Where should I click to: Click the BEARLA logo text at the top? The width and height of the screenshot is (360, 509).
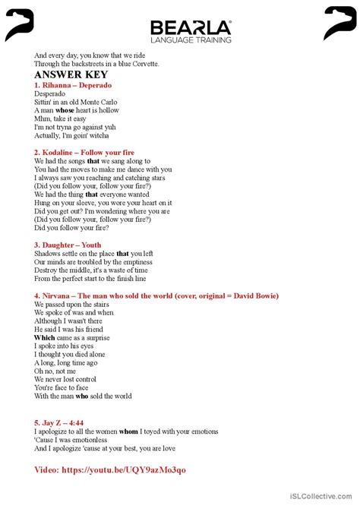click(191, 27)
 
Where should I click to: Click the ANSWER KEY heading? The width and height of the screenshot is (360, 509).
click(66, 75)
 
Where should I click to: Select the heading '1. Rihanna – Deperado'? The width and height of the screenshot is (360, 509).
click(73, 86)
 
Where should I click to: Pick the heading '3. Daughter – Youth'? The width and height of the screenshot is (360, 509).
click(68, 245)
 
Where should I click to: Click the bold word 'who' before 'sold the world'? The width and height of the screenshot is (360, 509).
click(82, 396)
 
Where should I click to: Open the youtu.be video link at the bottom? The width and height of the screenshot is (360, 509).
click(110, 469)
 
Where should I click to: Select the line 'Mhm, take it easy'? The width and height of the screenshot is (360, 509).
click(60, 119)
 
